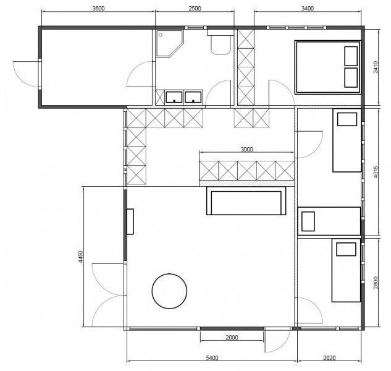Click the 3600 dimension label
tap(98, 8)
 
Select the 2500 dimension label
tap(195, 8)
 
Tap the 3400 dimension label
tap(308, 8)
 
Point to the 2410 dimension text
tap(376, 67)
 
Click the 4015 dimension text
tap(376, 172)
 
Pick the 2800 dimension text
tap(376, 283)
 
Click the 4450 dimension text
tap(80, 257)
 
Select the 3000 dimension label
tap(247, 149)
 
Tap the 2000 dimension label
tap(232, 338)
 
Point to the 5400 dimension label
tap(212, 358)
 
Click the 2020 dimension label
tap(329, 358)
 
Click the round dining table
tap(170, 291)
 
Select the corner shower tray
tap(170, 44)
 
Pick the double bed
tap(328, 67)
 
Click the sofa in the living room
tap(246, 201)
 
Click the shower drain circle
tap(161, 35)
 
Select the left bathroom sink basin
tap(174, 97)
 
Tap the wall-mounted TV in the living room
tap(130, 221)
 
